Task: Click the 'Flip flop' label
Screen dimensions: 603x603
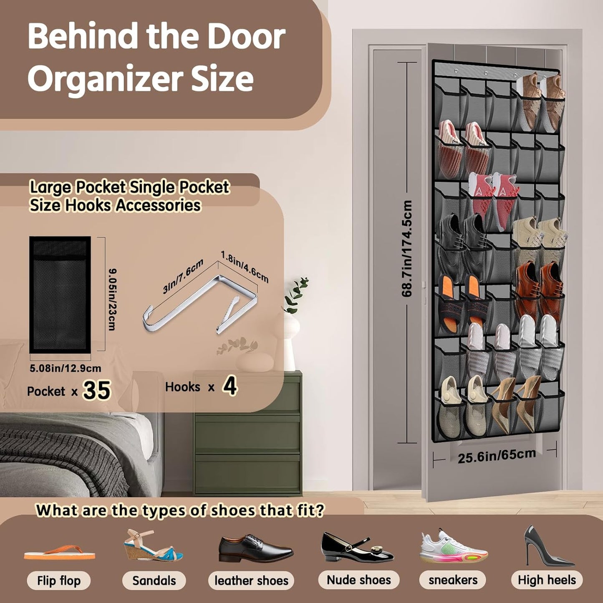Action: [x=59, y=580]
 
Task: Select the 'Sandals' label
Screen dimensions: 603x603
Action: [x=154, y=580]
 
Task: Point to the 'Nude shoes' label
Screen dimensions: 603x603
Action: [x=359, y=580]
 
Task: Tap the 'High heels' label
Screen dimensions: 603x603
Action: [x=547, y=580]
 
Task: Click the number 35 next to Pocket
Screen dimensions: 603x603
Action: [x=97, y=391]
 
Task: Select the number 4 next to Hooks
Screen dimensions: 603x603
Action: [x=230, y=387]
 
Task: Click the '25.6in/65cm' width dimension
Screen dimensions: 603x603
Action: [x=497, y=456]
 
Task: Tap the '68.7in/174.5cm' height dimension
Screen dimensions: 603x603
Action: [x=407, y=249]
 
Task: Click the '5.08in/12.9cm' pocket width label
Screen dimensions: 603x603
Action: [x=66, y=368]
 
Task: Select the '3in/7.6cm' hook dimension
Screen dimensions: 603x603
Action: [x=183, y=276]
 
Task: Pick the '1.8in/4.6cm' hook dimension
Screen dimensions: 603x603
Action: [x=245, y=266]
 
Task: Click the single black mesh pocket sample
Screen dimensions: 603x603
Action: [x=60, y=295]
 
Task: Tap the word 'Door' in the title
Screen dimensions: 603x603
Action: [x=246, y=37]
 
